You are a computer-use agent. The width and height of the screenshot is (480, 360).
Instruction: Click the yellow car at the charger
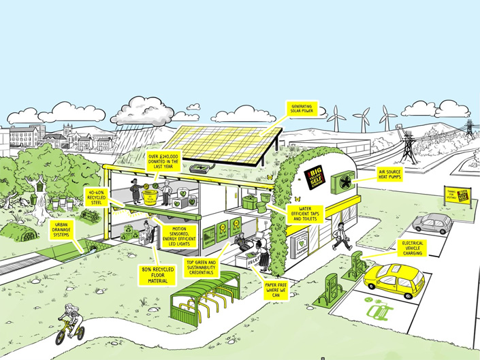[394, 278]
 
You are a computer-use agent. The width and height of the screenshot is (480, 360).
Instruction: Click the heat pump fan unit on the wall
[343, 180]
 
